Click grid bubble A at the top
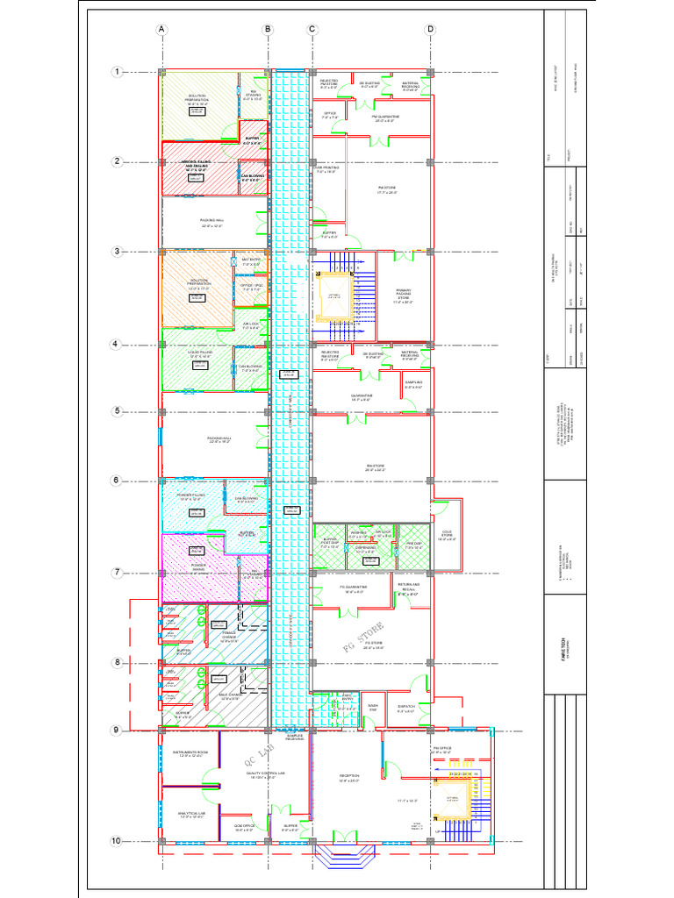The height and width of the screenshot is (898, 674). pyautogui.click(x=161, y=29)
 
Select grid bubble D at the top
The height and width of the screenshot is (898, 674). pyautogui.click(x=430, y=29)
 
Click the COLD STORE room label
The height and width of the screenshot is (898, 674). pyautogui.click(x=447, y=535)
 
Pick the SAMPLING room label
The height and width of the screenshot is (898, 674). pyautogui.click(x=413, y=384)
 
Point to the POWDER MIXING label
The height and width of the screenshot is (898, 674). pyautogui.click(x=199, y=567)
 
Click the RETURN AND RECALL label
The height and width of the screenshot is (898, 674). pyautogui.click(x=409, y=588)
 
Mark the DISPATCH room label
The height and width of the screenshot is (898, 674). pyautogui.click(x=405, y=708)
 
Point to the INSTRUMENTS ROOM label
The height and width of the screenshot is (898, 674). pyautogui.click(x=190, y=753)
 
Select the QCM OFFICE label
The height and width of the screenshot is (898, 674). pyautogui.click(x=244, y=826)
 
